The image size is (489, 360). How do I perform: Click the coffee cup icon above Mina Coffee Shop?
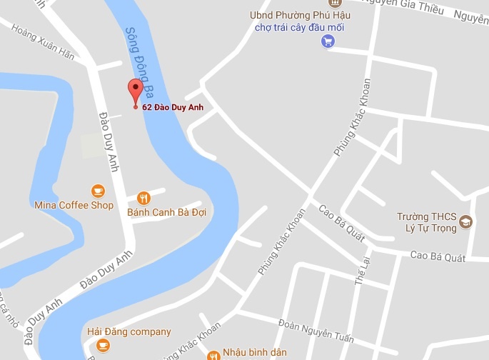(98, 191)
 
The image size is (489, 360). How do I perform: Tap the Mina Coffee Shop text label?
(74, 206)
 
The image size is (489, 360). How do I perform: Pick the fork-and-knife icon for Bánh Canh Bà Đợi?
(144, 198)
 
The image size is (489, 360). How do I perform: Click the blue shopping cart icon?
(328, 41)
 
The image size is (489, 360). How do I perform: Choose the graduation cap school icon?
(466, 221)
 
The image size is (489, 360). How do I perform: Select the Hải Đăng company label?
(129, 331)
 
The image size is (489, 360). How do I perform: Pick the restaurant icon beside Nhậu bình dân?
(212, 355)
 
